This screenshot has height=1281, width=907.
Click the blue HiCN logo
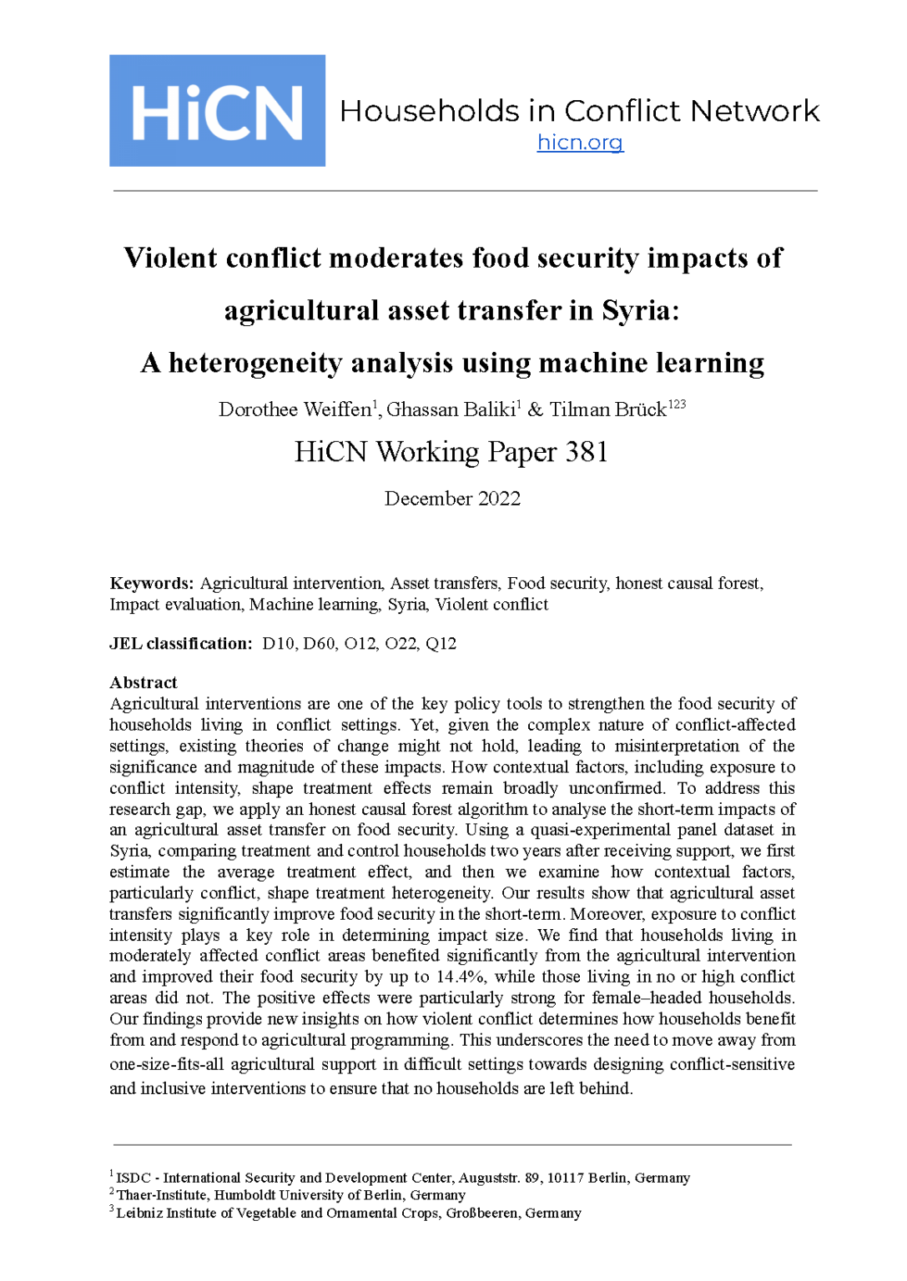pyautogui.click(x=217, y=111)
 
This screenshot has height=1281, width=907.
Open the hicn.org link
pyautogui.click(x=580, y=143)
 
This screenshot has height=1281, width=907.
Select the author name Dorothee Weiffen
pyautogui.click(x=295, y=409)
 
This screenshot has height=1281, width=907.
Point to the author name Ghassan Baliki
pyautogui.click(x=451, y=409)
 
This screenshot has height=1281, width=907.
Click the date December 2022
pyautogui.click(x=452, y=499)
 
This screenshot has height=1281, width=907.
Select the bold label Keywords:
pyautogui.click(x=152, y=584)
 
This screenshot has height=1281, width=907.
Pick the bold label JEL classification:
pyautogui.click(x=180, y=644)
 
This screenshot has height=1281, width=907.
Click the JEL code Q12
pyautogui.click(x=441, y=644)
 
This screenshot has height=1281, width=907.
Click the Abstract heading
pyautogui.click(x=144, y=682)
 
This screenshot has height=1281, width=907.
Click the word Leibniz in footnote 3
pyautogui.click(x=139, y=1213)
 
